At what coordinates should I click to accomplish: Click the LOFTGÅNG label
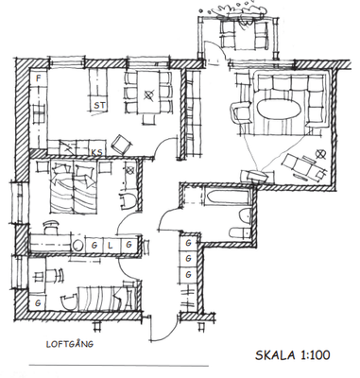pos(70,344)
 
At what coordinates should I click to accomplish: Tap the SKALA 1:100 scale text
pos(293,355)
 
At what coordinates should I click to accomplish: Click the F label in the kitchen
pos(39,78)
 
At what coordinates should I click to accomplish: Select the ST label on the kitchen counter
pos(99,105)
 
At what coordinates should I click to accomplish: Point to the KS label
pos(97,152)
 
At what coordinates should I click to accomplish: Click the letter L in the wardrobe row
pos(111,245)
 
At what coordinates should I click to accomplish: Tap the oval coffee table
pos(279,109)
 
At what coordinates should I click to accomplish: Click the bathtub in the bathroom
pos(228,197)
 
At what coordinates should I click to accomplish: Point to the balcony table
pos(245,34)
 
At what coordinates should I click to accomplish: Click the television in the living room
pos(254,176)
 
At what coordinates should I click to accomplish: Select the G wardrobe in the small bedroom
pos(38,303)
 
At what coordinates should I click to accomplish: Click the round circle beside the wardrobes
pos(77,246)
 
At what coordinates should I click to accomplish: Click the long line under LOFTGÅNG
pos(119,366)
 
